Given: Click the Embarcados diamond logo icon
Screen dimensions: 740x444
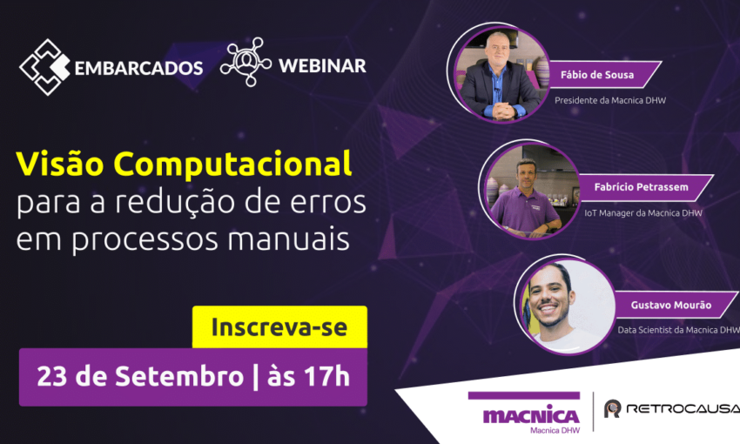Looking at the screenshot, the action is tap(44, 67).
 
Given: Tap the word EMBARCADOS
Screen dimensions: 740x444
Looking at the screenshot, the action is tap(138, 69).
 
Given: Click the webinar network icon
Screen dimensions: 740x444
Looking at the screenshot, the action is tap(246, 62).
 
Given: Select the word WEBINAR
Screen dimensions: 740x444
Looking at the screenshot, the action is tap(322, 66).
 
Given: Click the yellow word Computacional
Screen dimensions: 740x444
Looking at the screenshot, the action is tap(232, 165).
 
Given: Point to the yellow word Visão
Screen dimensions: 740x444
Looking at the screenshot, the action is tap(60, 164).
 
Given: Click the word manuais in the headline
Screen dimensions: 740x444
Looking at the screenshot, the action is tap(288, 239).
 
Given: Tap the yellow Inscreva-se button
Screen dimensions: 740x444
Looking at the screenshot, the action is tap(279, 327).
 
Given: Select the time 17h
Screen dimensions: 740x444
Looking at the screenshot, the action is tap(326, 376).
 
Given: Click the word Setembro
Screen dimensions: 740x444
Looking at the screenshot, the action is tap(179, 376).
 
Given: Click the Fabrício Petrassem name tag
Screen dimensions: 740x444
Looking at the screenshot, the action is tap(642, 187).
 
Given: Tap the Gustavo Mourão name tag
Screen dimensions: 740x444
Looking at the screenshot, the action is tap(672, 305).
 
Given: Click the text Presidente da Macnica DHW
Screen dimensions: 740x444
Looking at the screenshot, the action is tap(610, 100).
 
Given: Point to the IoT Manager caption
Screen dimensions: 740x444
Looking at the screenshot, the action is tap(643, 213).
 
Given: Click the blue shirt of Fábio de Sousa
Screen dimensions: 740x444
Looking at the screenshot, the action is tap(497, 90).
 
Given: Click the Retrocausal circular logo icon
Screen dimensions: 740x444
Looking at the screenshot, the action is tap(613, 408).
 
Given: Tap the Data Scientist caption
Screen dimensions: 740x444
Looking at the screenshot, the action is tap(678, 330).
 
